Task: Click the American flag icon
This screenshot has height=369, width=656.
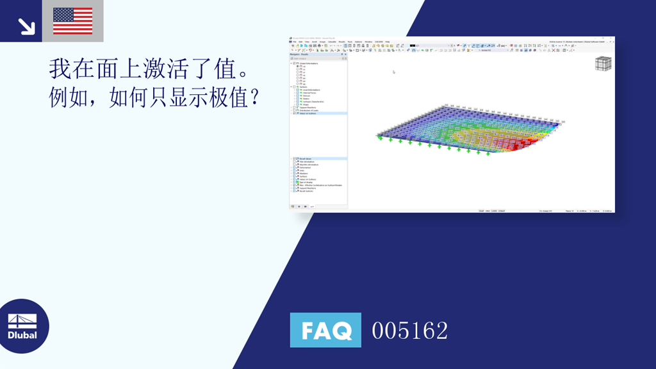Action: click(x=72, y=20)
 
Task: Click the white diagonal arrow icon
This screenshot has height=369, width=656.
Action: click(x=26, y=26)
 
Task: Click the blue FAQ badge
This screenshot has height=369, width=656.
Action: click(x=325, y=330)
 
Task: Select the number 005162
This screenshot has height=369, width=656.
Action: click(x=410, y=331)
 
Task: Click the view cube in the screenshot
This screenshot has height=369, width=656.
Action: click(x=603, y=63)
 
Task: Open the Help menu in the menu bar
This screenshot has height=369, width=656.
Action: click(x=388, y=42)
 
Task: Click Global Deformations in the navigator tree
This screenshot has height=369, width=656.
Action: click(x=311, y=63)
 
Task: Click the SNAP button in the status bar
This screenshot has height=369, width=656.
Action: click(x=482, y=210)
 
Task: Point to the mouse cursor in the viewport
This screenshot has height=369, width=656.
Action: click(x=393, y=72)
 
